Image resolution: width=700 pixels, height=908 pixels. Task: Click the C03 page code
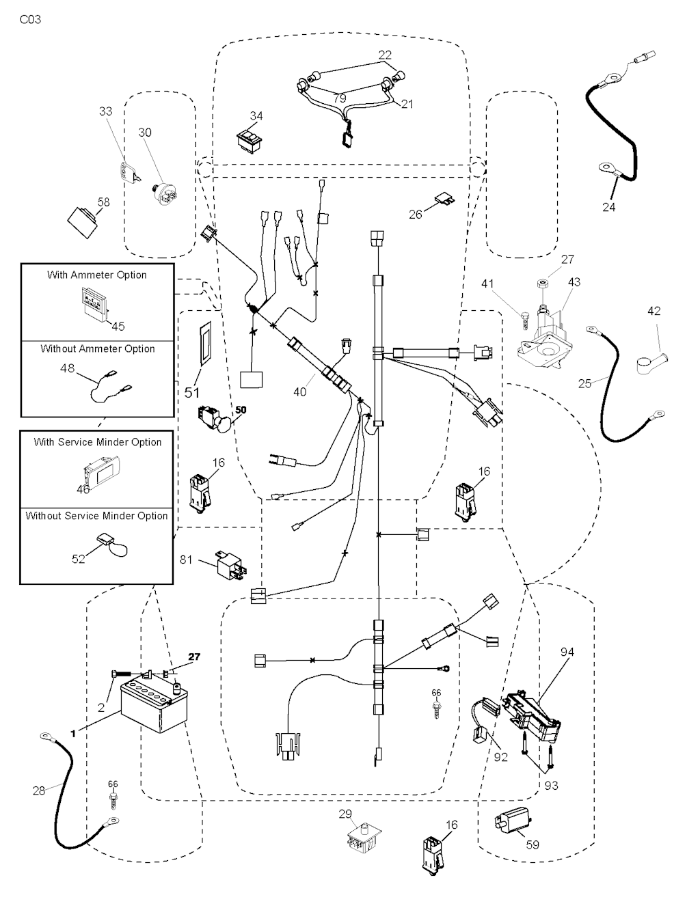click(x=30, y=19)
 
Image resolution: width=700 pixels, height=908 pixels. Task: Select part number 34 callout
click(x=256, y=116)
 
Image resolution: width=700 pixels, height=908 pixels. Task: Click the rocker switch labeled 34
click(x=250, y=139)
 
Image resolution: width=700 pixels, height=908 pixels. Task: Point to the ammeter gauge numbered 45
click(x=93, y=302)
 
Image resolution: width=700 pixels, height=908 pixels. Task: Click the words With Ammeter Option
click(x=97, y=275)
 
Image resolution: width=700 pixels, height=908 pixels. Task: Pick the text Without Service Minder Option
click(x=96, y=516)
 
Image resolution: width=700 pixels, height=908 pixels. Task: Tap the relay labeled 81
click(x=229, y=564)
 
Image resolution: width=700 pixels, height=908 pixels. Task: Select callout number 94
click(x=567, y=652)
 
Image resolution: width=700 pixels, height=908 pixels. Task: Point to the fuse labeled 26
click(x=441, y=200)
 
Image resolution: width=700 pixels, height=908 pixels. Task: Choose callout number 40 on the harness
click(x=299, y=391)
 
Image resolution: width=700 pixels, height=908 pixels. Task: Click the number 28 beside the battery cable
click(x=39, y=790)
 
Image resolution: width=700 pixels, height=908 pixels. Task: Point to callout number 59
click(x=533, y=844)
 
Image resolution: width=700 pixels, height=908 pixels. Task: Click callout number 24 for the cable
click(x=608, y=206)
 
